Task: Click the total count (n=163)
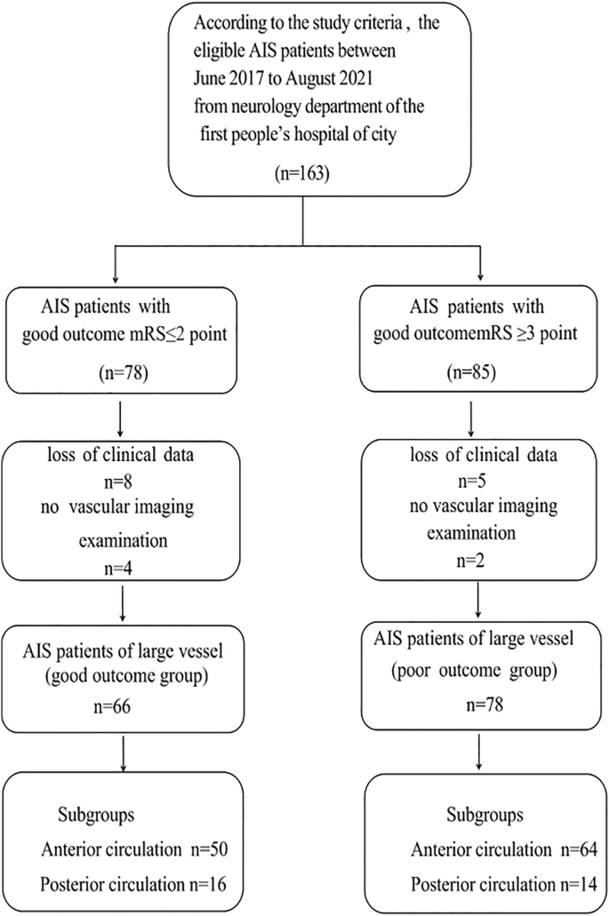coord(304,175)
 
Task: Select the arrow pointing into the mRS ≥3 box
coord(480,267)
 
